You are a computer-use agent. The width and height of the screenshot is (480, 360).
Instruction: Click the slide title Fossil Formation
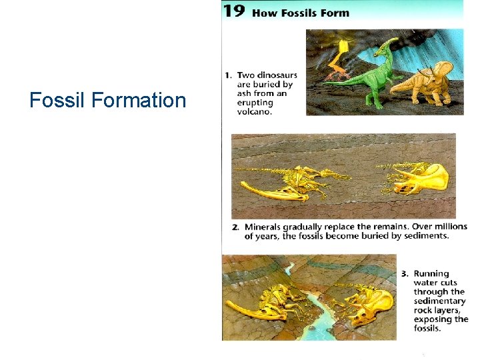(x=107, y=101)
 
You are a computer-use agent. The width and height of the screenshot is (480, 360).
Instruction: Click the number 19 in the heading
(x=235, y=11)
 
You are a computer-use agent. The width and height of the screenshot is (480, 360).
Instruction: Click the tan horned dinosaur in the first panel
(x=427, y=83)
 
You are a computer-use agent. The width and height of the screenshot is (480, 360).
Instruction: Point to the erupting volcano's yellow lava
(x=343, y=51)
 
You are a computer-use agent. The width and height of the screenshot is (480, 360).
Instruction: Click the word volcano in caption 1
(x=254, y=111)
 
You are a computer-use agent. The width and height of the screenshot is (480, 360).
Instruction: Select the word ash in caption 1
(x=245, y=94)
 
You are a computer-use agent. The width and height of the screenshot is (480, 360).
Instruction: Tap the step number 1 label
(x=228, y=75)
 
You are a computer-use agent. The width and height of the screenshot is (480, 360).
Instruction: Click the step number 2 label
(x=235, y=227)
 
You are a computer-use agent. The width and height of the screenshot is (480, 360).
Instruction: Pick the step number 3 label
(x=405, y=274)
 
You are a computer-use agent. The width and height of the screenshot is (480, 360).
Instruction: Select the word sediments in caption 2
(x=424, y=236)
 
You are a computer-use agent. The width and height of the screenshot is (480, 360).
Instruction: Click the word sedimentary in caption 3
(x=439, y=301)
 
